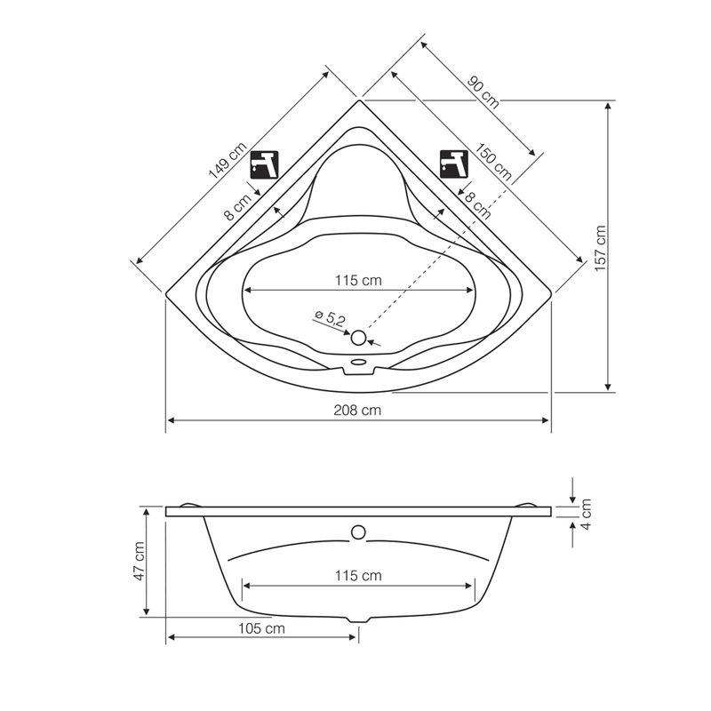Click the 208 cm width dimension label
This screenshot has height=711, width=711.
pos(357,411)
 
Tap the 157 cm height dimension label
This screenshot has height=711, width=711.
pos(601,249)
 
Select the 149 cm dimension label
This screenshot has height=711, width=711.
pos(228,160)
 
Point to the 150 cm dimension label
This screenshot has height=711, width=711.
pos(493,162)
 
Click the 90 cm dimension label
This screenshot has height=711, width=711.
pos(483,93)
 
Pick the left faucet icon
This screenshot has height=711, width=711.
pos(264,164)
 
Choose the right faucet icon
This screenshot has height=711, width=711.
pos(454,164)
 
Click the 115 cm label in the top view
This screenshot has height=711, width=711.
pos(358,280)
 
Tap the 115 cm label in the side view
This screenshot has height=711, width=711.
pos(358,575)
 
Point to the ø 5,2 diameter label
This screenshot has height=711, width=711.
pos(330,318)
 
